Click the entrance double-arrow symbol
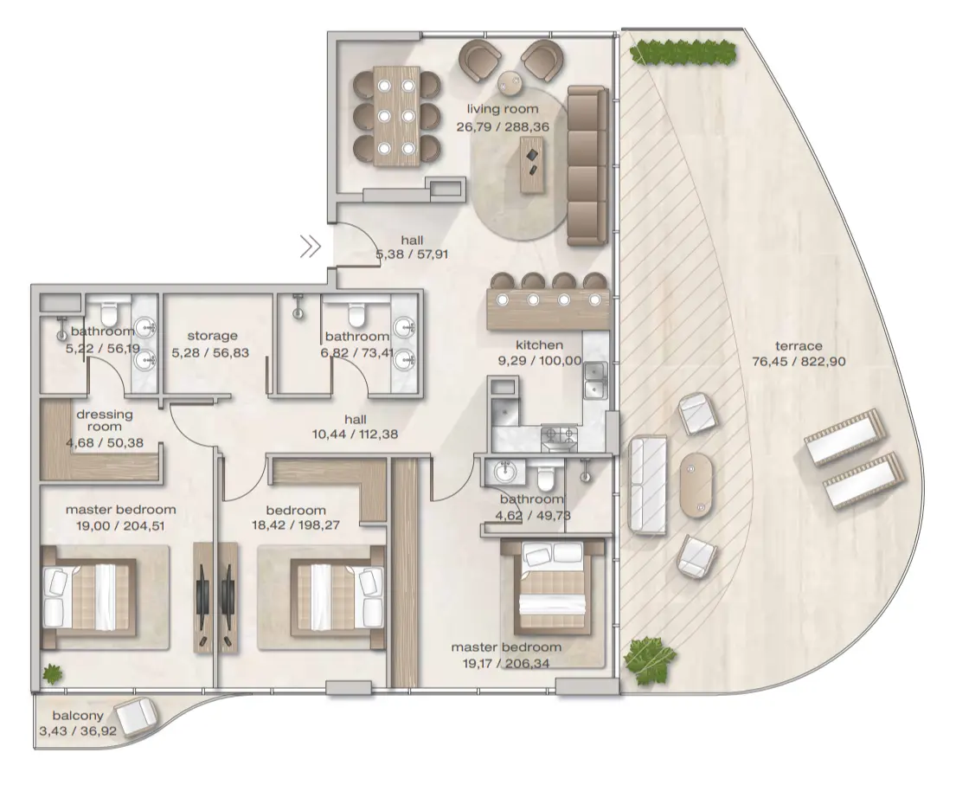click(311, 248)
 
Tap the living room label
click(503, 109)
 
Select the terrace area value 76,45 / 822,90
click(798, 362)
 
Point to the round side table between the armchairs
click(510, 82)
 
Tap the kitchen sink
click(595, 382)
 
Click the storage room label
click(212, 335)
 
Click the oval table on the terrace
click(698, 486)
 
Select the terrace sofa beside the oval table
click(647, 486)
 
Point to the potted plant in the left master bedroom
click(54, 672)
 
